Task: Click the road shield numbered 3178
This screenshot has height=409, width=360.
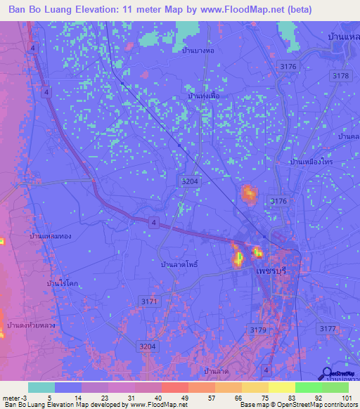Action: tap(341, 75)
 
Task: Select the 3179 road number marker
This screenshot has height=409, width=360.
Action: tap(258, 330)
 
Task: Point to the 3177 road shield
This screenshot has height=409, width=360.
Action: tap(328, 328)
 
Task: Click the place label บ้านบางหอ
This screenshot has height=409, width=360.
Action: tap(198, 51)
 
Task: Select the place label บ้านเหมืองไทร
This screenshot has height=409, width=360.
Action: tap(310, 162)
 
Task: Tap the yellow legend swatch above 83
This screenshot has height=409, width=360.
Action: tap(281, 387)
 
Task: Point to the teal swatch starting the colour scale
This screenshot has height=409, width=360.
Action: tap(41, 387)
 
